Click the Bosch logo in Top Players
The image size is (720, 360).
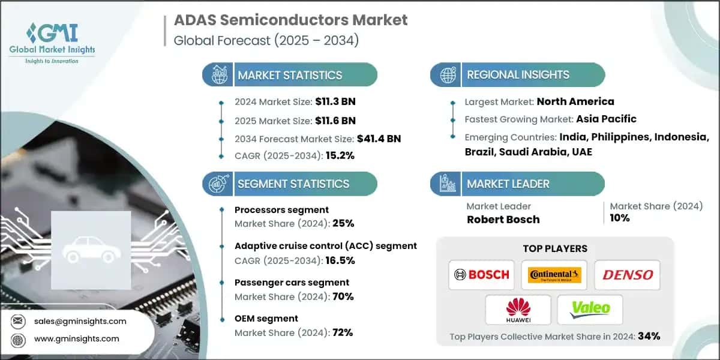tap(482, 275)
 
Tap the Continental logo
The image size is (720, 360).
tap(554, 275)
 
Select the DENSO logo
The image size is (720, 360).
tap(628, 275)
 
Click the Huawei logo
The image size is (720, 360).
tap(518, 310)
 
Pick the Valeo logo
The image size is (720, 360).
tap(590, 310)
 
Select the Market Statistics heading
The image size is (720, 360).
tap(290, 76)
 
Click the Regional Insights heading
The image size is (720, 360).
tap(518, 75)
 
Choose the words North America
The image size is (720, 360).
tap(575, 101)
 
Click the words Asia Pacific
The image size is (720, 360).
tap(606, 119)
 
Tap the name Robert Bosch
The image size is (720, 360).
tap(503, 220)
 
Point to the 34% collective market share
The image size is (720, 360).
tap(649, 336)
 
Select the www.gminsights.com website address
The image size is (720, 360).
tap(77, 338)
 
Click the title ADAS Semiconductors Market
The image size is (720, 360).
tap(290, 20)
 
